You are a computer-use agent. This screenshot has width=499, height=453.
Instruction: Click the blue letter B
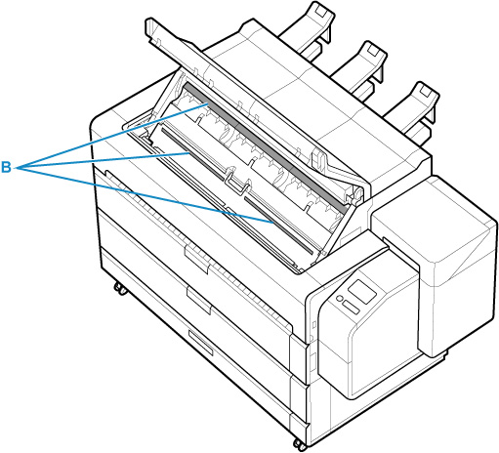(x=6, y=167)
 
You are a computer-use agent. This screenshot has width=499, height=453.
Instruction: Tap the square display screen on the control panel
(x=362, y=291)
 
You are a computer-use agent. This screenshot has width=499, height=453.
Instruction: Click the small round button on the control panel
(x=340, y=298)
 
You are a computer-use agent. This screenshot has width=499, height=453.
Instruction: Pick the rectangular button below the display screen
(x=352, y=308)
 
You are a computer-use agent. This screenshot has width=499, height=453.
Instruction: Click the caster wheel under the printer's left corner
(x=120, y=288)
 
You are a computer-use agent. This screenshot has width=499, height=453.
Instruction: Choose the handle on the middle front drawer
(x=198, y=301)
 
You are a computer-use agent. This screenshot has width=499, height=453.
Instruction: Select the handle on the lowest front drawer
(x=200, y=343)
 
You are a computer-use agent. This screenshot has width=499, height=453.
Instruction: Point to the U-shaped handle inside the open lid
(x=236, y=183)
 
